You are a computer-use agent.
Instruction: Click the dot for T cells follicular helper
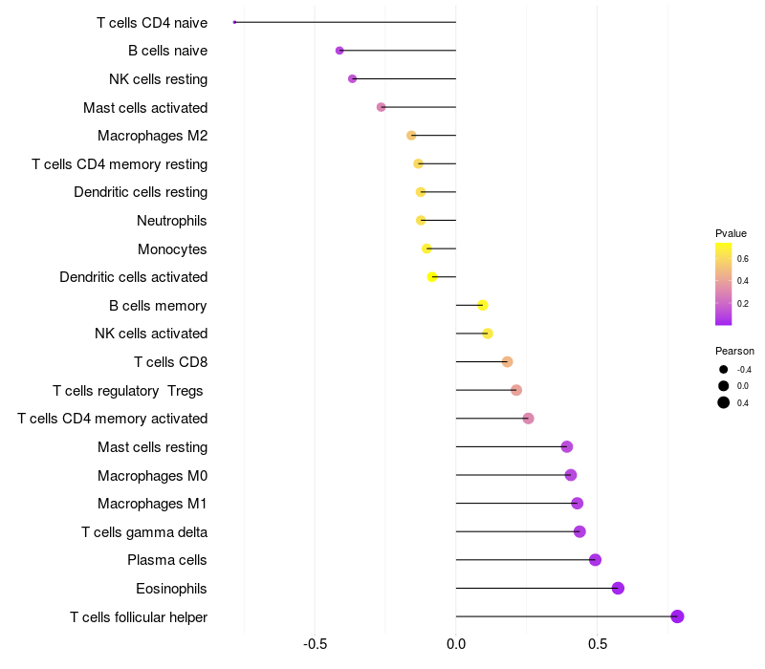point(677,616)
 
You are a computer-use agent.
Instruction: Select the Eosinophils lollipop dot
point(618,588)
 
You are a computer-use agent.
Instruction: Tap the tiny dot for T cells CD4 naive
point(234,22)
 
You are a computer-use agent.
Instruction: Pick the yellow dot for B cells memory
point(483,305)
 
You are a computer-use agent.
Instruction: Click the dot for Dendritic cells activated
point(432,277)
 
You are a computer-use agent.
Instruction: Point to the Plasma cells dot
point(595,560)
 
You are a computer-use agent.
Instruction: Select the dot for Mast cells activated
point(381,107)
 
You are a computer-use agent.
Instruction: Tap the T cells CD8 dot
point(508,362)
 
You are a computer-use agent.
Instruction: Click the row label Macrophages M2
point(153,136)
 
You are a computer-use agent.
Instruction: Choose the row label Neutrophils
point(172,221)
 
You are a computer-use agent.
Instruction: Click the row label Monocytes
point(172,249)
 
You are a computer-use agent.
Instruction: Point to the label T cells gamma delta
point(144,532)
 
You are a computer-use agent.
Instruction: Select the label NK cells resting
point(159,79)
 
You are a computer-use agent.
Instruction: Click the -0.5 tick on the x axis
point(315,644)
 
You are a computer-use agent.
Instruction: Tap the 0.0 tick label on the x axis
point(456,644)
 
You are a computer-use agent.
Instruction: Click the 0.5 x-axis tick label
point(598,644)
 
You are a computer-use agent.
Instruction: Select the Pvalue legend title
point(731,233)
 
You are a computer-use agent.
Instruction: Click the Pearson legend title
point(734,351)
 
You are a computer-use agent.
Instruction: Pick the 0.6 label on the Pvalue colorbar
point(743,258)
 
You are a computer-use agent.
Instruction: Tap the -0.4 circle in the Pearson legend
point(724,370)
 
